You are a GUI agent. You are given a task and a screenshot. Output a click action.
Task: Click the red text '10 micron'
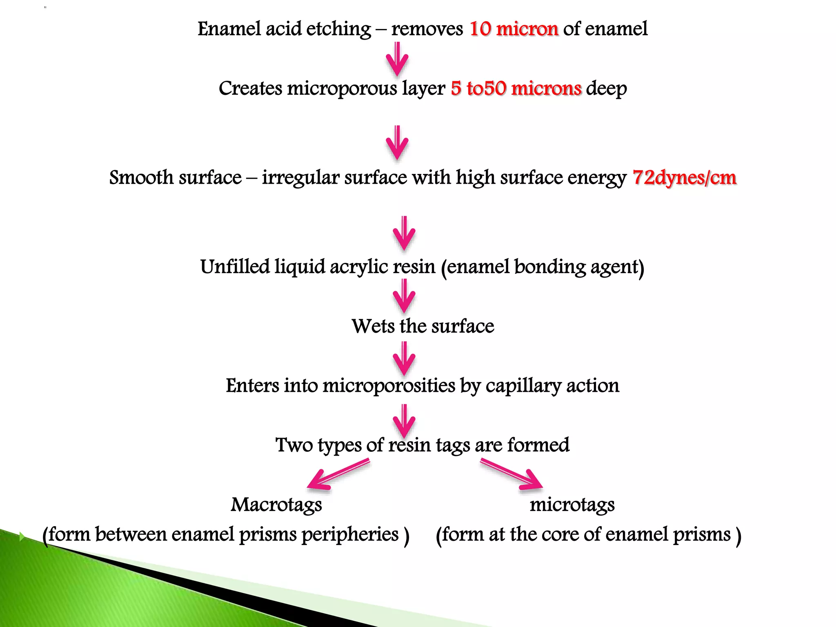[514, 29]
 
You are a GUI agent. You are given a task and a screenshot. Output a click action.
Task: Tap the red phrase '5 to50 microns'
[516, 89]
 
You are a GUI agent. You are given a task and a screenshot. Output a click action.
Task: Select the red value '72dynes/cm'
[684, 178]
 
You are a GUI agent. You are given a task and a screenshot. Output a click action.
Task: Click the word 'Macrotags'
[276, 505]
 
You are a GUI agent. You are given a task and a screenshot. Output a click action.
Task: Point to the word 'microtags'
[572, 505]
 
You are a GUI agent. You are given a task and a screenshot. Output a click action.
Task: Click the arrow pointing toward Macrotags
[337, 474]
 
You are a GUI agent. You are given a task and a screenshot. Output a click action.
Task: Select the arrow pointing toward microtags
[512, 474]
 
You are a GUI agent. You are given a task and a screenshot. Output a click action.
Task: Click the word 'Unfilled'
[235, 267]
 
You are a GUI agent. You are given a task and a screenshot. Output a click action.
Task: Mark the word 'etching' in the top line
[338, 29]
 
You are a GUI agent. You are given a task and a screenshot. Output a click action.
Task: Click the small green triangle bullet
[22, 536]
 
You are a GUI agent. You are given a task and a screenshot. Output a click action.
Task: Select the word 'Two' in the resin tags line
[294, 445]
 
